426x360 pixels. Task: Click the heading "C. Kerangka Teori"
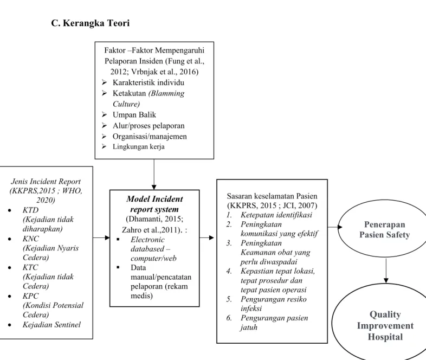(x=90, y=23)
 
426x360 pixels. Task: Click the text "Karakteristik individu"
(x=149, y=82)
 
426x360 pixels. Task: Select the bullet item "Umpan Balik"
(x=134, y=114)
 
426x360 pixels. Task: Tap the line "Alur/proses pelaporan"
(x=149, y=126)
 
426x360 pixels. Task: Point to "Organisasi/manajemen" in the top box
(x=150, y=137)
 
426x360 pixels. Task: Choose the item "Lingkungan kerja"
(x=139, y=147)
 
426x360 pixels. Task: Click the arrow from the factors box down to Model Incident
(x=154, y=174)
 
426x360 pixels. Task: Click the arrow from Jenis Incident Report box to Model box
(x=101, y=237)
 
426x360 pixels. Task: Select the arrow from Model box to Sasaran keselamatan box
(x=206, y=237)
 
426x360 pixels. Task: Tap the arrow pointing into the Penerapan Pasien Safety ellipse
(x=335, y=227)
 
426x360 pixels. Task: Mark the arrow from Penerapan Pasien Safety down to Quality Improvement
(x=386, y=271)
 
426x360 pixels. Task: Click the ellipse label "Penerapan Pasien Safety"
(x=384, y=229)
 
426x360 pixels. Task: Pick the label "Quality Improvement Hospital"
(x=385, y=325)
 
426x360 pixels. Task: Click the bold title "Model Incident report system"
(x=154, y=204)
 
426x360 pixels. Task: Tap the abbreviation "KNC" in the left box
(x=31, y=239)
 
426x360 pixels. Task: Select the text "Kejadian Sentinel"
(x=51, y=325)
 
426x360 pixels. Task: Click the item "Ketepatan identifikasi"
(x=276, y=215)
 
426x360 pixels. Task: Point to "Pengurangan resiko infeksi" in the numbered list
(x=273, y=304)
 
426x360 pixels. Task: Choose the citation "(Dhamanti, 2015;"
(x=154, y=219)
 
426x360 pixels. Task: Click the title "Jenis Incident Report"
(x=46, y=182)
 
